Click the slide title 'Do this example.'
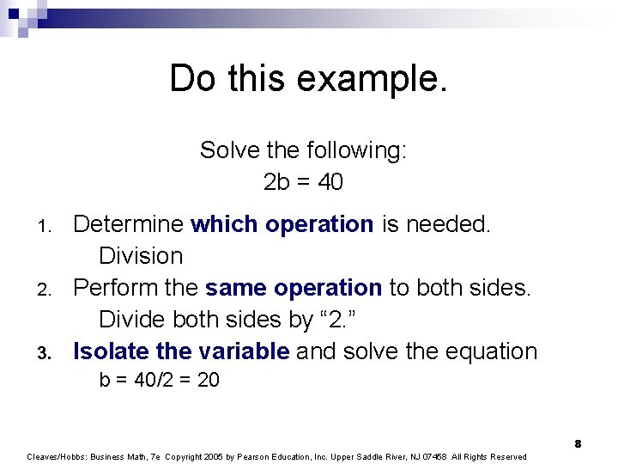(308, 79)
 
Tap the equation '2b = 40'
(303, 182)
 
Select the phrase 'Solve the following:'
(303, 150)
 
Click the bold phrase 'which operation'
(282, 224)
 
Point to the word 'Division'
(141, 256)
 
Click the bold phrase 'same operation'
(294, 288)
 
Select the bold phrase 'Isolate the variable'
(181, 351)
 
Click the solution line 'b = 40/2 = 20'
(159, 380)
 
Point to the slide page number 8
(578, 443)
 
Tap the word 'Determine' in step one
(128, 224)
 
